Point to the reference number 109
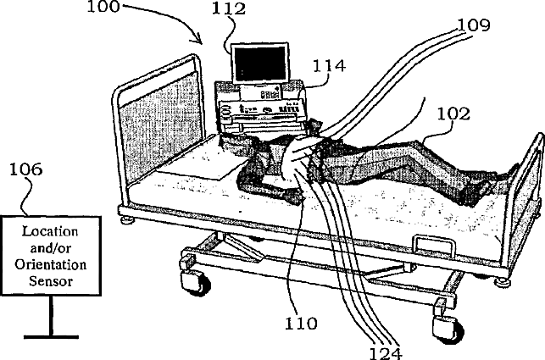click(x=471, y=25)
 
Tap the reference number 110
click(x=301, y=323)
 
